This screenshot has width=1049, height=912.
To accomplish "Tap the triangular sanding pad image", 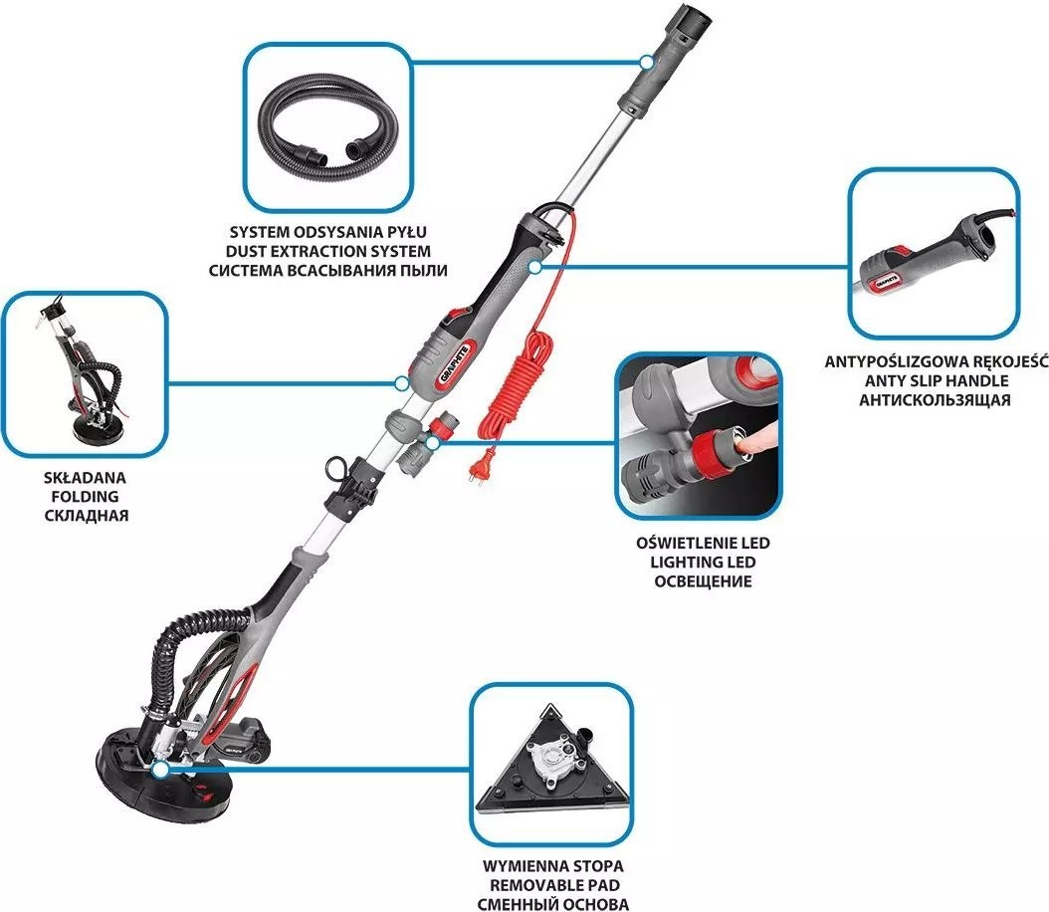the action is coord(551,760).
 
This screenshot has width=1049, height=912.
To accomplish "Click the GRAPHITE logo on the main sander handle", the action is coord(456,361).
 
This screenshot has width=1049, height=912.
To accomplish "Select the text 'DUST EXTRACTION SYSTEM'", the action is coord(327,252).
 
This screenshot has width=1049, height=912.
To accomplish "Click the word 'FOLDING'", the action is coord(85,497).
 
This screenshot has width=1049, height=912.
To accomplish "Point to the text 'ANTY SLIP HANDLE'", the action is coord(937,381).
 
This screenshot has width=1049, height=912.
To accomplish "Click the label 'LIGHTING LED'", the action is coord(703,563).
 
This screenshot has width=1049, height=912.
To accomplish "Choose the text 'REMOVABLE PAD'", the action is coord(553,885).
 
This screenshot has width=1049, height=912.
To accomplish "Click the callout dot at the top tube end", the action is coord(646,63).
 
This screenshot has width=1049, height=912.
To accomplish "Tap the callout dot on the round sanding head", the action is coord(159,771).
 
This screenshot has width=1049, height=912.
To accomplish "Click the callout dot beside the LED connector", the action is coord(432,442).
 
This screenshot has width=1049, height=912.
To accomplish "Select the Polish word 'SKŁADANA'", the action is coord(85,479).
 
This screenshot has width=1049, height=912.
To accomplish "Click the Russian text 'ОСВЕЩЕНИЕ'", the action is coord(703,580).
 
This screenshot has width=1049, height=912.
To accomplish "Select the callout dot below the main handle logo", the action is coord(401,384).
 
